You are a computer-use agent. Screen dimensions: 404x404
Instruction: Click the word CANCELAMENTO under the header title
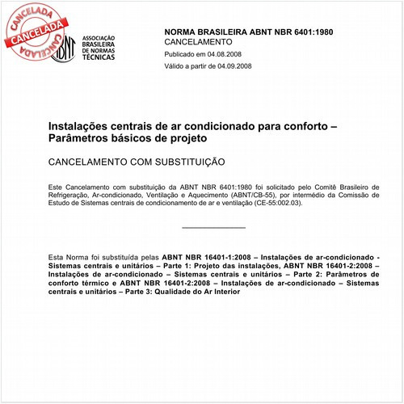click(198, 41)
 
